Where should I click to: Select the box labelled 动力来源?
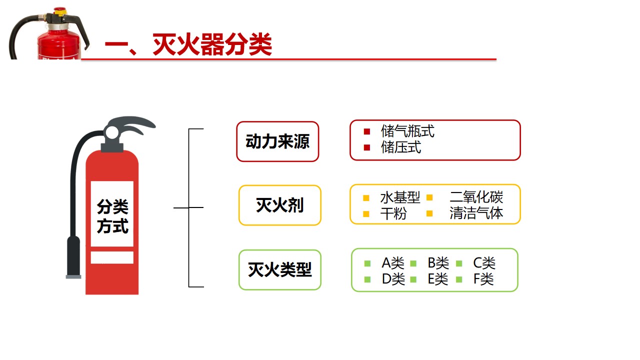(x=277, y=141)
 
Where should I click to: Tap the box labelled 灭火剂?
(x=279, y=205)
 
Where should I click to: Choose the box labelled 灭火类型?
(x=279, y=270)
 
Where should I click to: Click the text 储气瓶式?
(x=407, y=131)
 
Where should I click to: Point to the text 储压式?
(x=400, y=147)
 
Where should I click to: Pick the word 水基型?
(x=400, y=197)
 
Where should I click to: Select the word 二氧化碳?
(x=476, y=197)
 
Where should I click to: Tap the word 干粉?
(x=393, y=213)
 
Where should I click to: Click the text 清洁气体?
(x=476, y=213)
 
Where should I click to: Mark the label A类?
(x=392, y=263)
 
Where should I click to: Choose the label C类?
(x=484, y=263)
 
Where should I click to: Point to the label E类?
(x=438, y=279)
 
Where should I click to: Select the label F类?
(x=483, y=279)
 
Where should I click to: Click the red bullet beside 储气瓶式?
(x=367, y=132)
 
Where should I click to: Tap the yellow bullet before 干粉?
(x=366, y=214)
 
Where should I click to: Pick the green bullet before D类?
(x=367, y=279)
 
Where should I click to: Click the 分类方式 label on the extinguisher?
(x=112, y=216)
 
